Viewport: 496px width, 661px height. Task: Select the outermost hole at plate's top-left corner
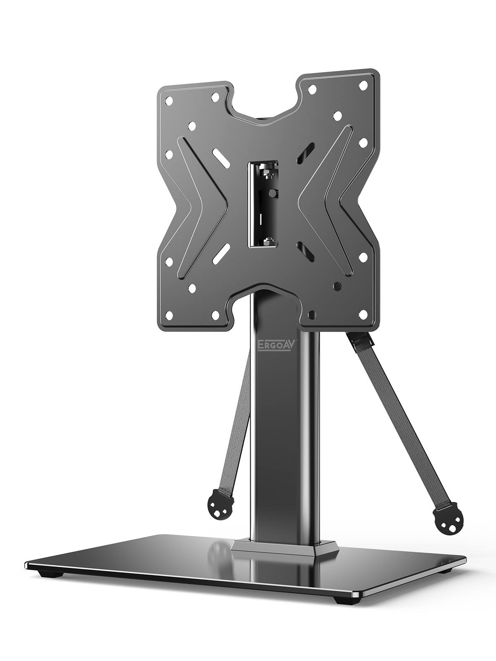point(169,100)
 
